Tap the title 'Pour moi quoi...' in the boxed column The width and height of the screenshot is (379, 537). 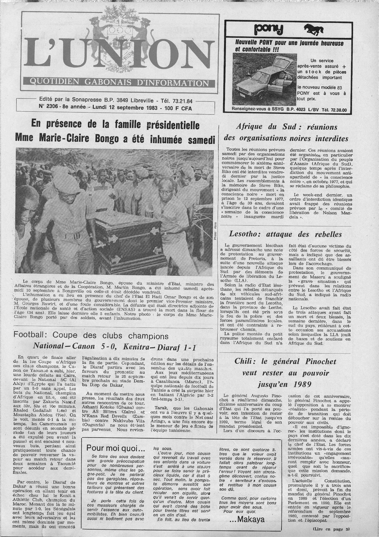(111, 447)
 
